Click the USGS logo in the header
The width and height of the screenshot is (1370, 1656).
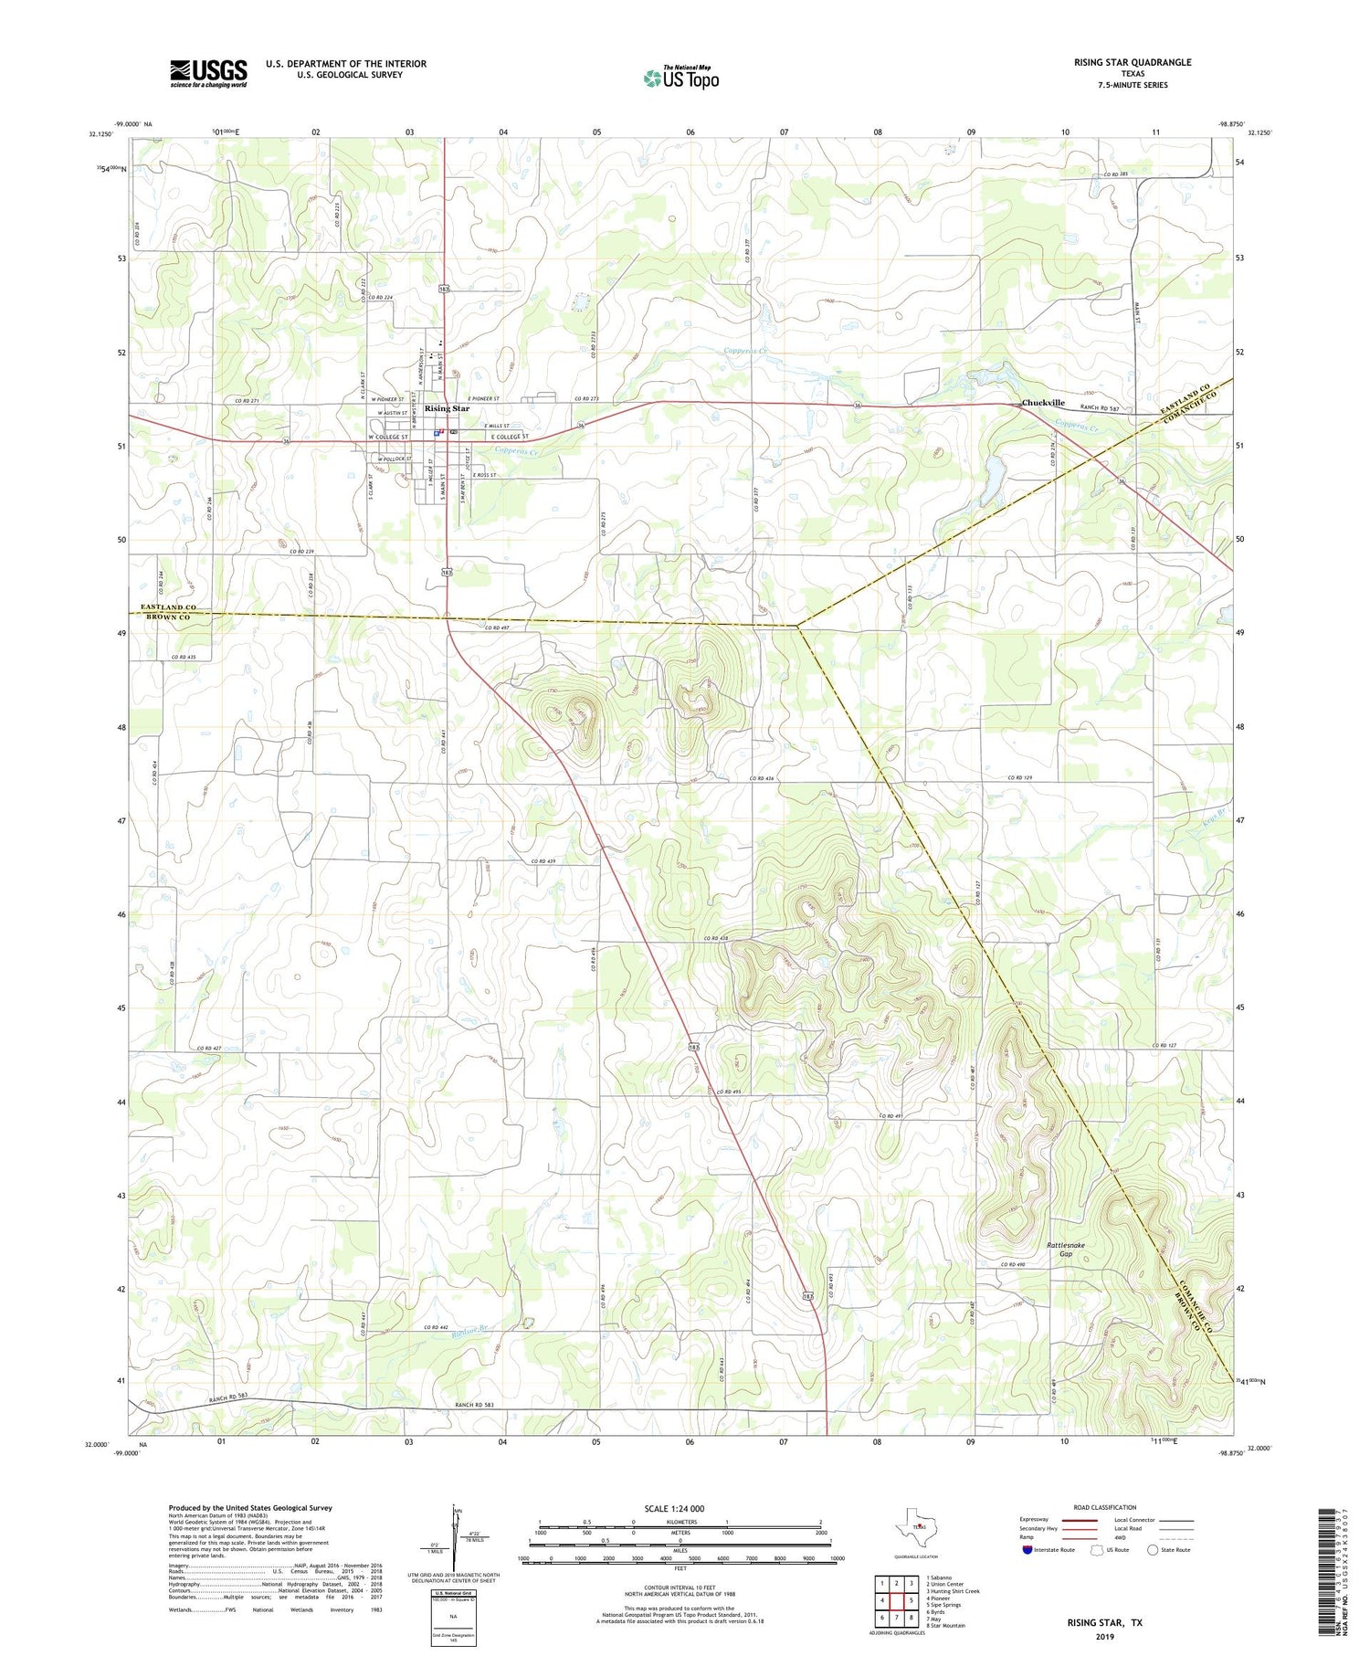208,73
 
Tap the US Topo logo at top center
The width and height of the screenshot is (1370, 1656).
680,78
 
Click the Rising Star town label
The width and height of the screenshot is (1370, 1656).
447,408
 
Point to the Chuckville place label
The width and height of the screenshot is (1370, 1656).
1043,403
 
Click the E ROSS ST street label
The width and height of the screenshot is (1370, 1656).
485,475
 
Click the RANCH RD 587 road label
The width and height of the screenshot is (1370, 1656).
1100,408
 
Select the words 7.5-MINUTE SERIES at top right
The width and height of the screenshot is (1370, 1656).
1133,85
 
